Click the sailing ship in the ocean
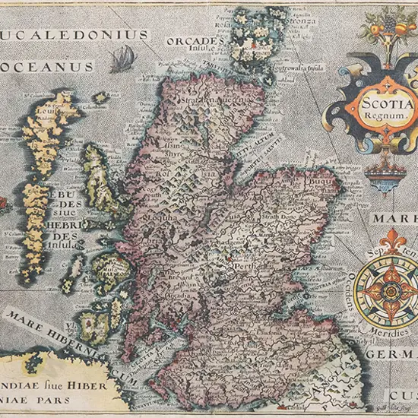tap(122, 58)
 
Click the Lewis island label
tap(46, 112)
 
